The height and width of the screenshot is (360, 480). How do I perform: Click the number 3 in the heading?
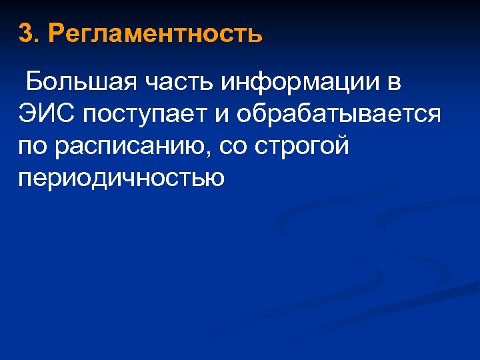(25, 33)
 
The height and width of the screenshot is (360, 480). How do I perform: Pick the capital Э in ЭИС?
(28, 114)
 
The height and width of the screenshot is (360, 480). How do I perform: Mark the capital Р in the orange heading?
(58, 33)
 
